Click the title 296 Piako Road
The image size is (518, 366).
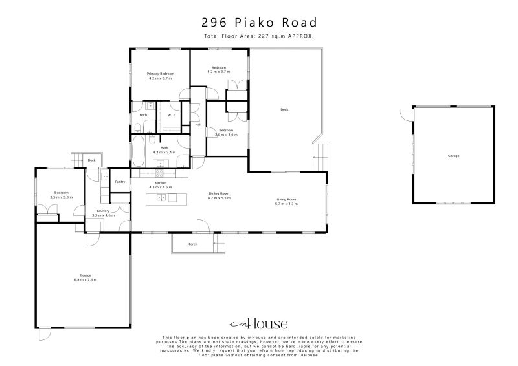pyautogui.click(x=259, y=21)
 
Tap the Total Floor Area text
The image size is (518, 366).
pyautogui.click(x=259, y=36)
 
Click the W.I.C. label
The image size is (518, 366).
pyautogui.click(x=172, y=115)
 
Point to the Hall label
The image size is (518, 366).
pyautogui.click(x=198, y=125)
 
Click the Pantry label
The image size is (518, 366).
pyautogui.click(x=120, y=182)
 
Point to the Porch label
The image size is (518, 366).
pyautogui.click(x=192, y=244)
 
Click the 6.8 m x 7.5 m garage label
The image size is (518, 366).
pyautogui.click(x=83, y=278)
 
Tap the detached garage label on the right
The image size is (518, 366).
pyautogui.click(x=453, y=156)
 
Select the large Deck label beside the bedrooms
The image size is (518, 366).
pyautogui.click(x=284, y=109)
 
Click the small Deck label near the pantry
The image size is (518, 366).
pyautogui.click(x=92, y=160)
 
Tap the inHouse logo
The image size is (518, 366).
pyautogui.click(x=259, y=324)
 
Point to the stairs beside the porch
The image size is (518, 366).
pyautogui.click(x=221, y=244)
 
